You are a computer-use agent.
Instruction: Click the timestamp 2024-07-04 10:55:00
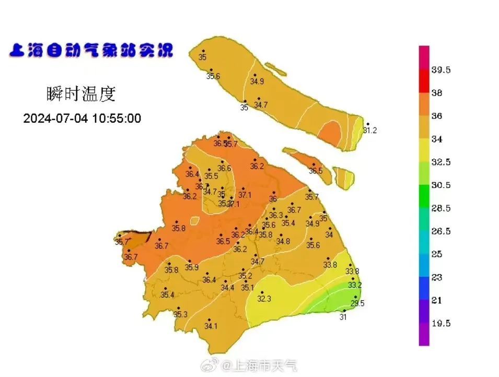[82, 119]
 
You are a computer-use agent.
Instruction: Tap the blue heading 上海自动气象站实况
[90, 51]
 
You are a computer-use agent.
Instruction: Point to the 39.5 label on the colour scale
[441, 70]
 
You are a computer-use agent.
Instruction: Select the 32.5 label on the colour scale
[441, 162]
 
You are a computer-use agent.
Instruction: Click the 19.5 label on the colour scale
[441, 323]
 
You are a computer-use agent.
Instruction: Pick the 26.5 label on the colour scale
[441, 231]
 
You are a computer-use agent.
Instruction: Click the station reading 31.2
[370, 131]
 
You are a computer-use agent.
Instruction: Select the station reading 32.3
[264, 299]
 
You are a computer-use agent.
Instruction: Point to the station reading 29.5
[357, 303]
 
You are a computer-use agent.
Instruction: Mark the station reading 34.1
[211, 326]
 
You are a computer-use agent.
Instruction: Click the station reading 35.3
[180, 314]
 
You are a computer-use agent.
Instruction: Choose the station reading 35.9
[192, 268]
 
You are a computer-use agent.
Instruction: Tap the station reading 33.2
[355, 285]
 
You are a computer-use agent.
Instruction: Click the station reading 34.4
[227, 288]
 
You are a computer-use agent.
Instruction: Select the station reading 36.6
[224, 168]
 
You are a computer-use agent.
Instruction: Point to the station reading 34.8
[283, 241]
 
